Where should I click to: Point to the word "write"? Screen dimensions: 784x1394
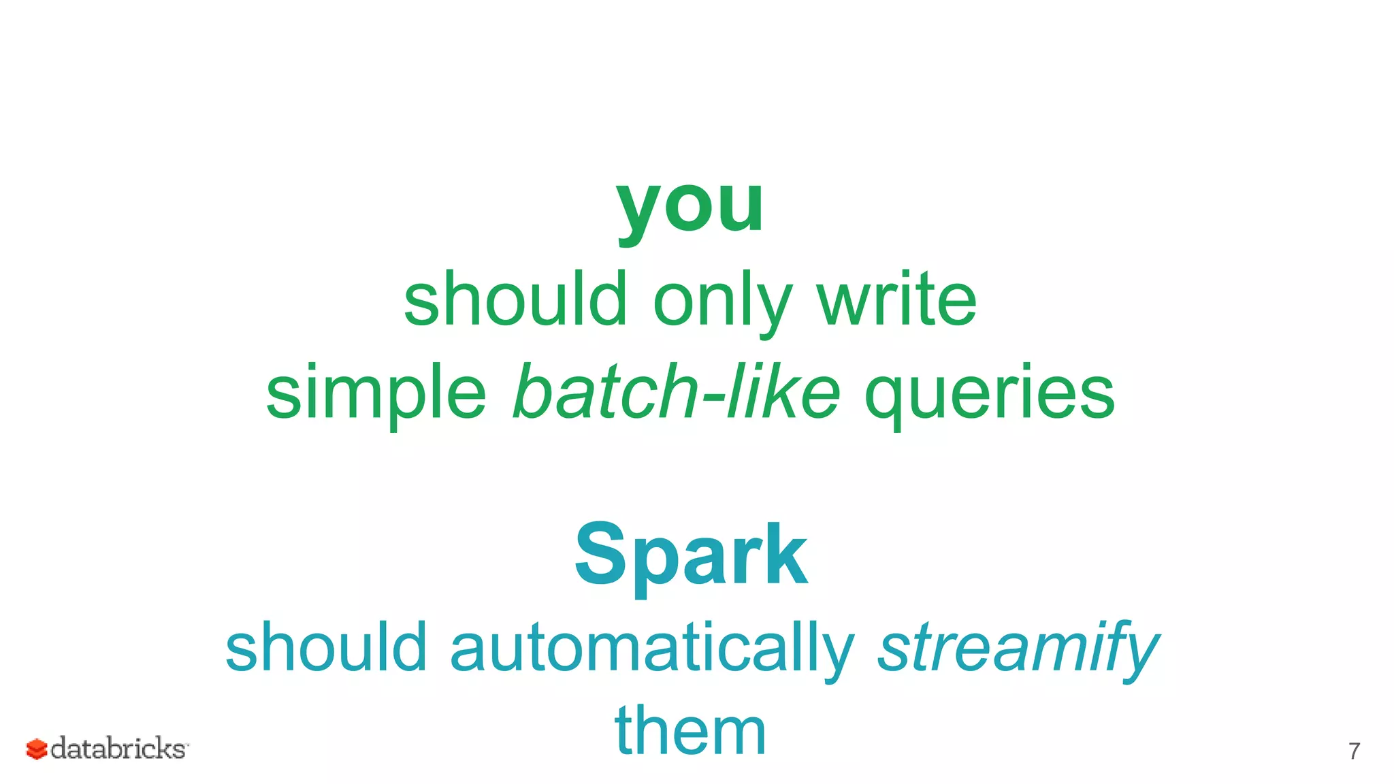point(897,299)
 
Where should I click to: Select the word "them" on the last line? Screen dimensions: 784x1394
point(690,731)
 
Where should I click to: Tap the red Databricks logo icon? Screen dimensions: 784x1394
point(37,749)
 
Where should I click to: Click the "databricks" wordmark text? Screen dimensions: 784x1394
point(118,748)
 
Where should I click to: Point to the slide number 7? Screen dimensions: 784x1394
point(1354,751)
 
